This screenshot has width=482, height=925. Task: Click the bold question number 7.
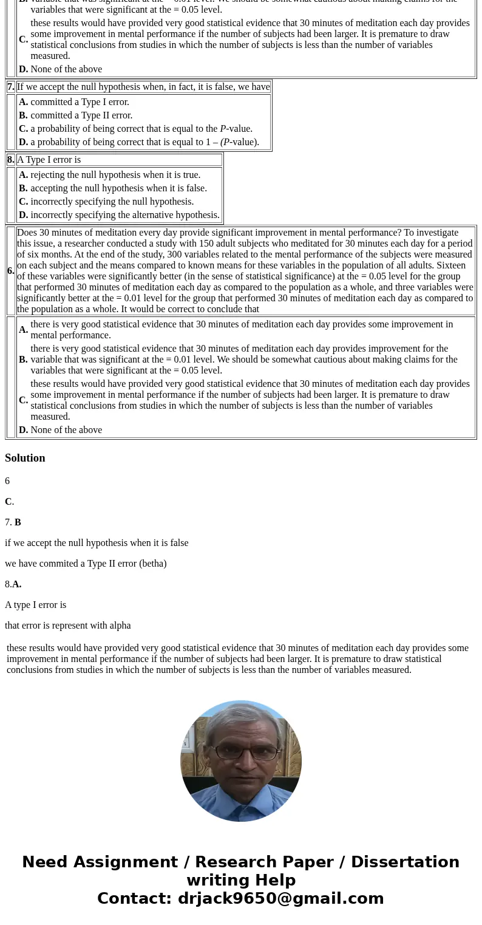point(10,87)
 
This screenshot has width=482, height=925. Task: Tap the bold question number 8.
point(10,160)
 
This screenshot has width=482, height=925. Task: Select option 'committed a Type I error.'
point(80,102)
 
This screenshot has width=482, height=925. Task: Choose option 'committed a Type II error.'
point(81,115)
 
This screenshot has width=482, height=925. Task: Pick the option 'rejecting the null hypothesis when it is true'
point(115,175)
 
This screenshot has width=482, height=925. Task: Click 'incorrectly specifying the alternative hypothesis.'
point(125,215)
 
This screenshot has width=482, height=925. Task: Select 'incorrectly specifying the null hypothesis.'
point(112,202)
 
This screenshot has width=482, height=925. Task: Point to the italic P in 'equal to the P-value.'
point(223,129)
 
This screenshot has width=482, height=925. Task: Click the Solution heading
point(25,458)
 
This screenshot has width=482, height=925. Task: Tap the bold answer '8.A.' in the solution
point(13,584)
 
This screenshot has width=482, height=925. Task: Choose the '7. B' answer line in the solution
point(13,522)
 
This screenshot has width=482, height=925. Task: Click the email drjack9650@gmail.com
point(280,899)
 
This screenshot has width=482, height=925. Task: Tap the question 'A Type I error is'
point(49,160)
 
